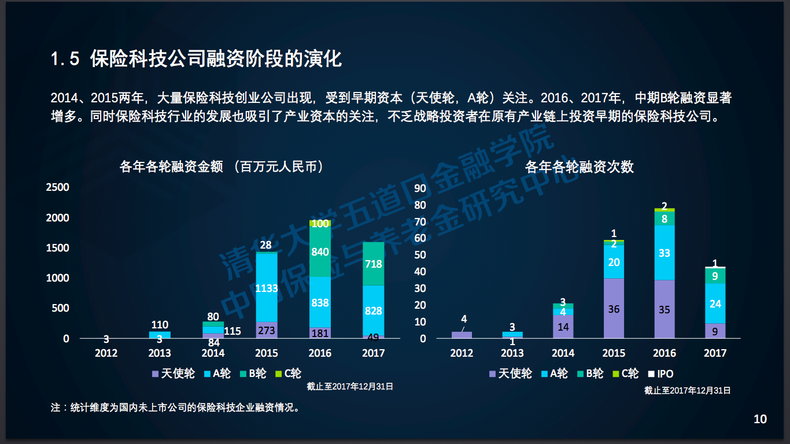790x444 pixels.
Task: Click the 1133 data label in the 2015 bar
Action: (x=267, y=288)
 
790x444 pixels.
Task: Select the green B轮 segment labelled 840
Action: (x=320, y=252)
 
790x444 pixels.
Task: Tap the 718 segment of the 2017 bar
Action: (x=374, y=264)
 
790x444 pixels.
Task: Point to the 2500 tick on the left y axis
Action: (x=58, y=187)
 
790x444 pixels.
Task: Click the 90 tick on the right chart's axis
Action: (x=420, y=188)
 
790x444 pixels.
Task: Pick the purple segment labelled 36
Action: (x=614, y=309)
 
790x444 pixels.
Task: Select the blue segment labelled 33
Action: (x=665, y=253)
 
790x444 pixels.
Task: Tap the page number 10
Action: (x=760, y=419)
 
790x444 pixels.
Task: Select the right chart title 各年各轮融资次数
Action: (x=579, y=167)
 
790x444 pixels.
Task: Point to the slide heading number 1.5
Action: (x=65, y=59)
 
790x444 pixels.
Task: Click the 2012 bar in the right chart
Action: (x=462, y=334)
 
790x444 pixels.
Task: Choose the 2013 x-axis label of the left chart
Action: (x=160, y=353)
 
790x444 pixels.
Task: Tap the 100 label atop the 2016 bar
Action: (x=320, y=223)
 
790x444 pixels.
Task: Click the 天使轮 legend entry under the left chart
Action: (x=173, y=373)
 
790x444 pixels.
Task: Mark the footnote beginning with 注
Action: (x=176, y=408)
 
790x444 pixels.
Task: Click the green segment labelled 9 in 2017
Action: (x=715, y=276)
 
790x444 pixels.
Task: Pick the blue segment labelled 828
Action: (x=374, y=310)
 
